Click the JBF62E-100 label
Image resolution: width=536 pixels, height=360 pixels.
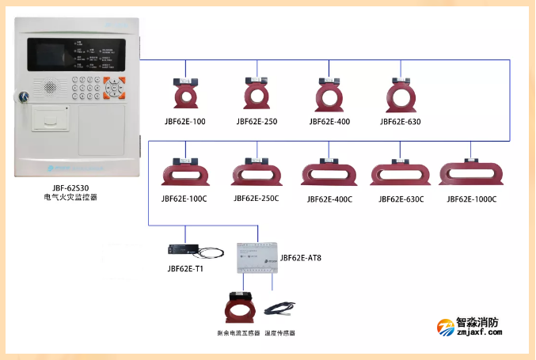[x=184, y=122]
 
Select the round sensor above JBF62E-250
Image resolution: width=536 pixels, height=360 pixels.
[x=257, y=94]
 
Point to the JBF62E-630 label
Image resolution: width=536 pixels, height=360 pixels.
[x=400, y=122]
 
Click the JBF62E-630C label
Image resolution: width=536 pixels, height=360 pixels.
[x=401, y=199]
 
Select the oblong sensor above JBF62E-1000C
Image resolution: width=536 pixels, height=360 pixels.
[x=471, y=172]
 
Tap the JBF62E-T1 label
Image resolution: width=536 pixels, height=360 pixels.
[x=185, y=268]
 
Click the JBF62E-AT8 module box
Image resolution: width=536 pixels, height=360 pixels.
[x=257, y=256]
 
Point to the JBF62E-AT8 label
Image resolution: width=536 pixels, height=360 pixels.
[x=301, y=258]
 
